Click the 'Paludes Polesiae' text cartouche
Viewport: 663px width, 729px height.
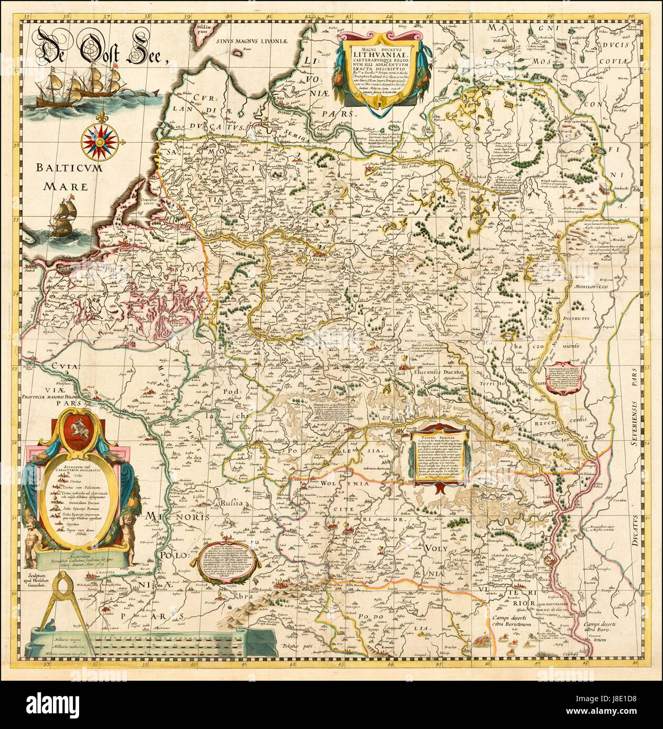pyautogui.click(x=439, y=454)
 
